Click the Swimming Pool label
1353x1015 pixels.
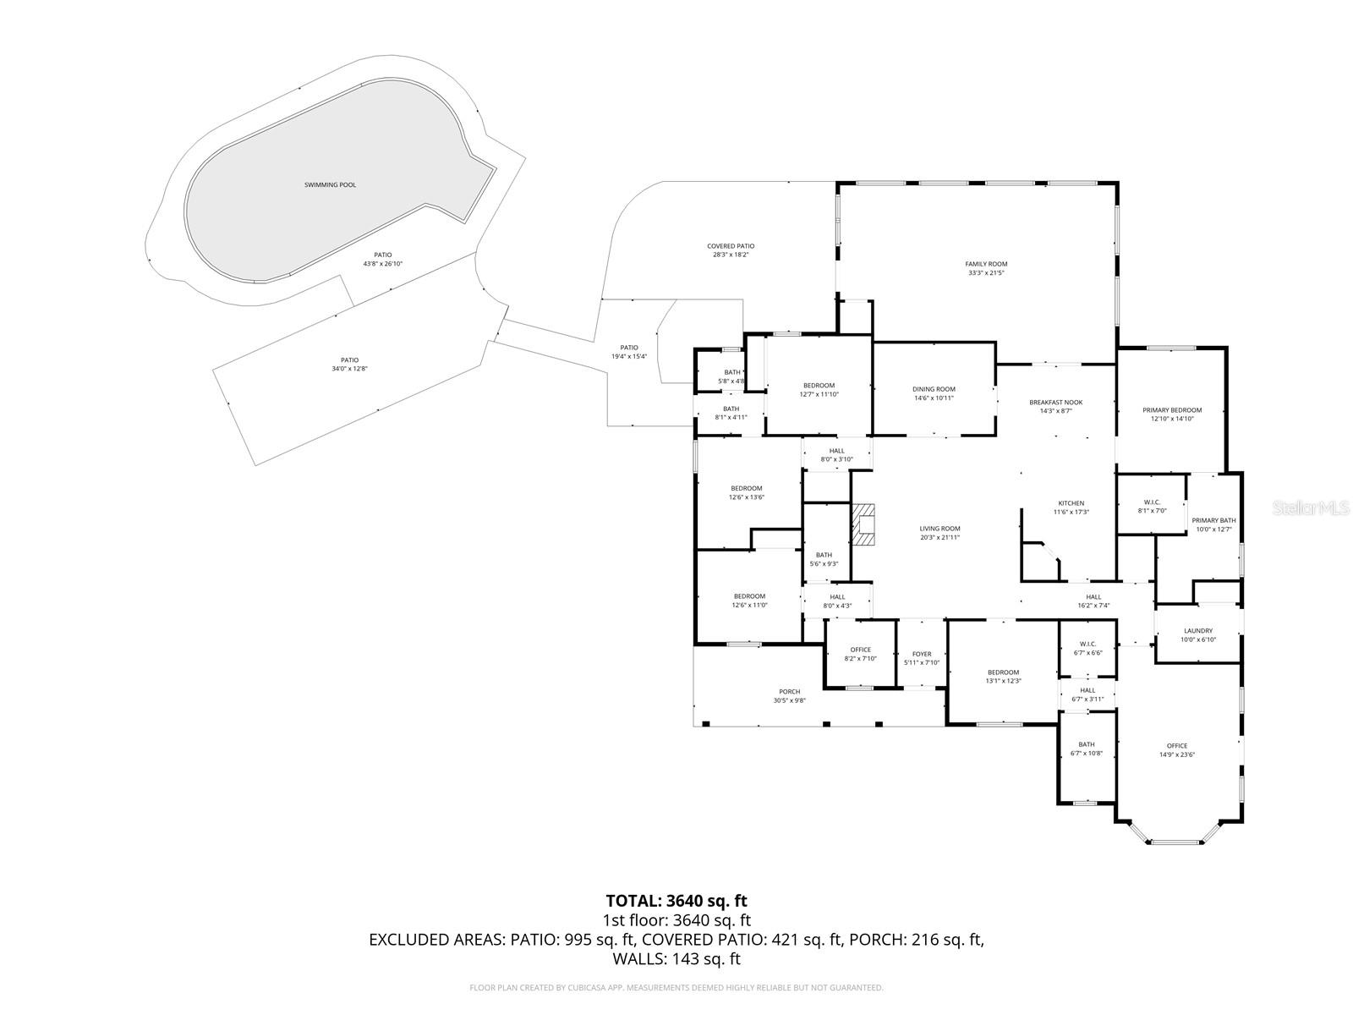pyautogui.click(x=330, y=184)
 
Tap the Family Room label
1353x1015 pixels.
pyautogui.click(x=987, y=264)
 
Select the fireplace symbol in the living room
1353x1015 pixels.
pyautogui.click(x=863, y=524)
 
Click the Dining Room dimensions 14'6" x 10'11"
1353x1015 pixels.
pyautogui.click(x=934, y=398)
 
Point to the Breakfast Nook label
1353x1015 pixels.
pyautogui.click(x=1055, y=403)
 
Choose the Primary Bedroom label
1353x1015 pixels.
pyautogui.click(x=1171, y=410)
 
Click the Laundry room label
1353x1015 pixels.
pyautogui.click(x=1197, y=631)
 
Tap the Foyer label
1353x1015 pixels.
pyautogui.click(x=921, y=654)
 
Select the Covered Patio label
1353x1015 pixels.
pyautogui.click(x=731, y=246)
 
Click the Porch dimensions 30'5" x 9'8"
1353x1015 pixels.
pyautogui.click(x=789, y=700)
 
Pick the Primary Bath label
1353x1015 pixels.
pyautogui.click(x=1213, y=521)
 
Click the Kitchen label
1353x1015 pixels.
pyautogui.click(x=1071, y=503)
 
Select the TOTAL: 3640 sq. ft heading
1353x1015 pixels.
pyautogui.click(x=676, y=901)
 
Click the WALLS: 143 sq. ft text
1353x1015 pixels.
pyautogui.click(x=676, y=959)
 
